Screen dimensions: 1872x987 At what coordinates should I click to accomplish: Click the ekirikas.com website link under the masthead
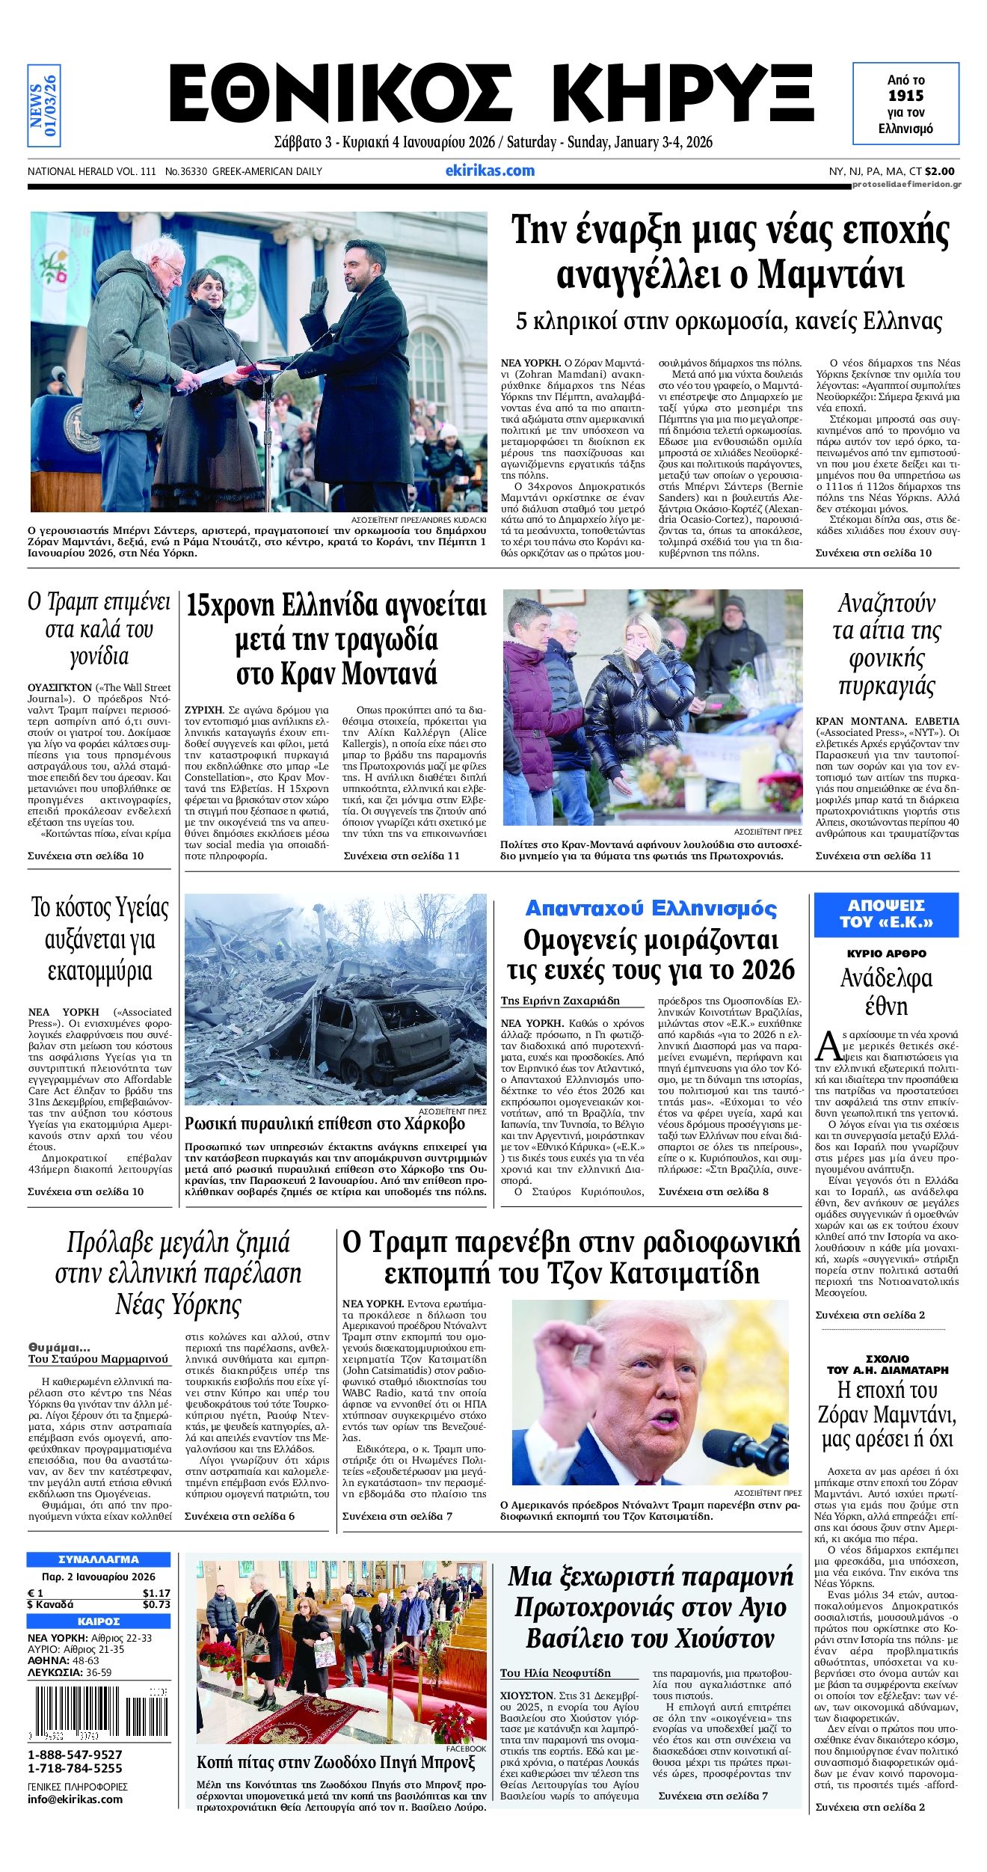click(x=490, y=171)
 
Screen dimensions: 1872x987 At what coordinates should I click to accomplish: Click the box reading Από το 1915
click(x=905, y=104)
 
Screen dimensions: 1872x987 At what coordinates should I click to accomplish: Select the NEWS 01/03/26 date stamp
click(x=44, y=105)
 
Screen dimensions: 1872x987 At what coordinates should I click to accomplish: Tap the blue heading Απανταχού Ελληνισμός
click(x=651, y=908)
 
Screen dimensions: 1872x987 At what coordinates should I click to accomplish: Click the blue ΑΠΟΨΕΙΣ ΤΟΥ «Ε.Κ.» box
click(x=886, y=913)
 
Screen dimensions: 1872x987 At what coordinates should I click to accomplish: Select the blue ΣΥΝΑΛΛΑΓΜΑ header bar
click(x=99, y=1559)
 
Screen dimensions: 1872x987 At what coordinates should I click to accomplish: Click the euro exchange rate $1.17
click(x=156, y=1593)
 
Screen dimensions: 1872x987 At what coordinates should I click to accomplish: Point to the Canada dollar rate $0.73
click(x=156, y=1604)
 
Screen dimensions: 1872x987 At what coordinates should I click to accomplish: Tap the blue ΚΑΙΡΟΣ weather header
click(x=99, y=1621)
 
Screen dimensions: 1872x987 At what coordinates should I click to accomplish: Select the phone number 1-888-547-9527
click(x=75, y=1755)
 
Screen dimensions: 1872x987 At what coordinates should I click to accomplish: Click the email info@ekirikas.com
click(x=75, y=1799)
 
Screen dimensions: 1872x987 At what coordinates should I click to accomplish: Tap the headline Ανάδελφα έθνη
click(x=886, y=992)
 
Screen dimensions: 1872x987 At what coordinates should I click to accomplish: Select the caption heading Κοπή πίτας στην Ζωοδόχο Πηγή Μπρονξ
click(x=336, y=1763)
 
